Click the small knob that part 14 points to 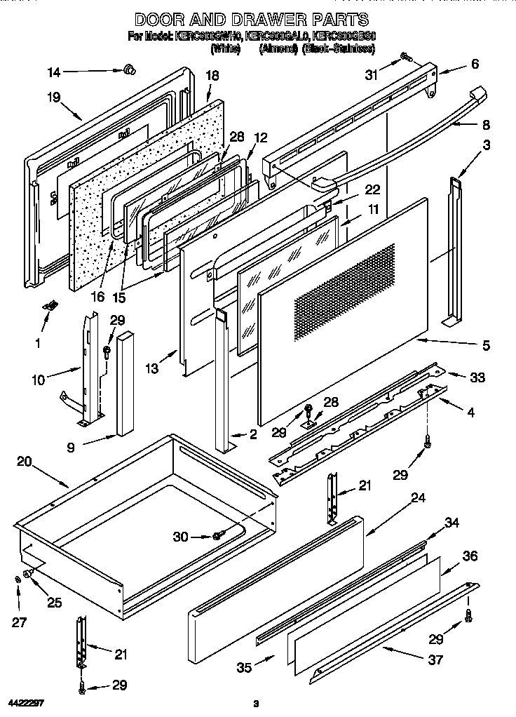coord(128,68)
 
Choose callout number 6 coord(475,64)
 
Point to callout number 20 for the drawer coord(24,462)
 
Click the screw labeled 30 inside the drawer coord(217,536)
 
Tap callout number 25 coord(55,602)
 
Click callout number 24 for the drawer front coord(419,498)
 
